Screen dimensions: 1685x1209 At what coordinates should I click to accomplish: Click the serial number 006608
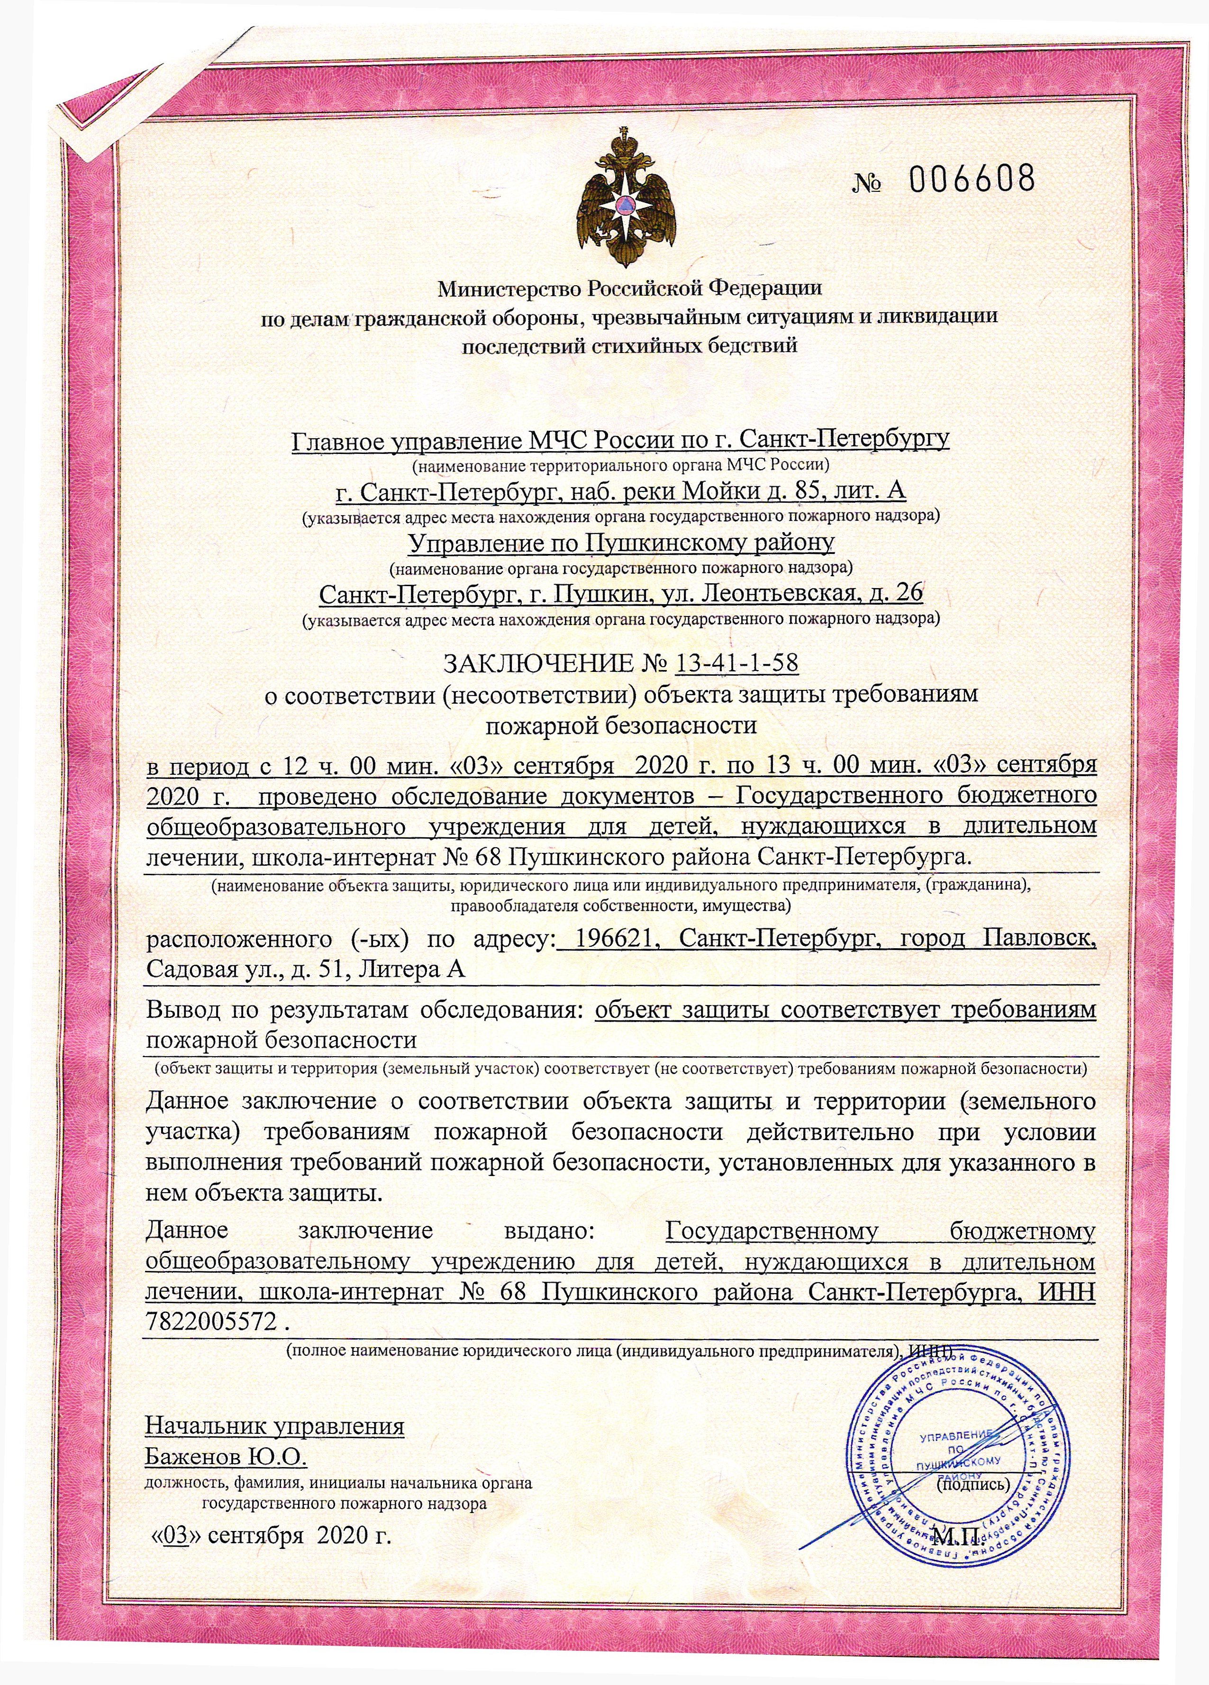coord(971,179)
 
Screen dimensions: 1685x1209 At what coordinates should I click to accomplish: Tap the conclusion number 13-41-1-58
coord(737,663)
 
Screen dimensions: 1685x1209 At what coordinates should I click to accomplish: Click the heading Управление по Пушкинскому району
coord(621,543)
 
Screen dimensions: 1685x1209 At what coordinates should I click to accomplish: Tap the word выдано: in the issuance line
coord(549,1230)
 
